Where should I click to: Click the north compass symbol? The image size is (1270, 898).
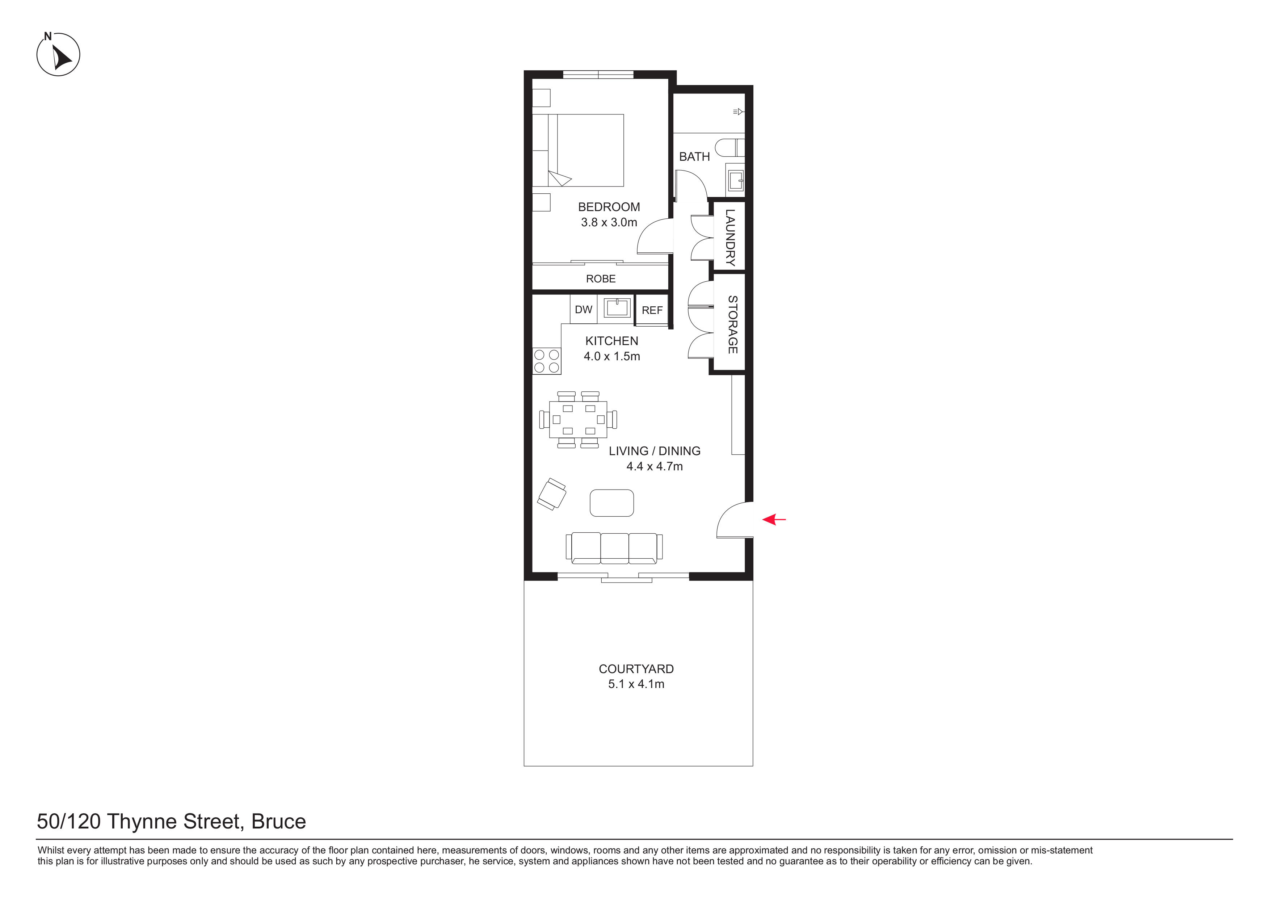(x=58, y=54)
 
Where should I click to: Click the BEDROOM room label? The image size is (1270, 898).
(x=609, y=207)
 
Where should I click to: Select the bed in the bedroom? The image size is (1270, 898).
(x=578, y=150)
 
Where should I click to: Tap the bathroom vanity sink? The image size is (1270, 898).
(x=735, y=180)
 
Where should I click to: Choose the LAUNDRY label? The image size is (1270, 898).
(x=730, y=238)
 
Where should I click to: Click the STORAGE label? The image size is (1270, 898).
(x=732, y=325)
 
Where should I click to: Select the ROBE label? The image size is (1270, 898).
(x=601, y=279)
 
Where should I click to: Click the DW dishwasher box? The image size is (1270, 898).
(x=584, y=309)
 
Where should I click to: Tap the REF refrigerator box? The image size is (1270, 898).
(x=652, y=310)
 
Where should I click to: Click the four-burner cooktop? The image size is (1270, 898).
(x=547, y=361)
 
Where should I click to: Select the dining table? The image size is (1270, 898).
(x=578, y=419)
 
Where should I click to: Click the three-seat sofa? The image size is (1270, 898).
(x=614, y=548)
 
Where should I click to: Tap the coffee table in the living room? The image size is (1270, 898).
(x=612, y=503)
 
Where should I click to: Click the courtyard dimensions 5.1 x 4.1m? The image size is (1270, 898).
(x=636, y=684)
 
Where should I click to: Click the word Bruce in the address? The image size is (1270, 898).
(x=279, y=822)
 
